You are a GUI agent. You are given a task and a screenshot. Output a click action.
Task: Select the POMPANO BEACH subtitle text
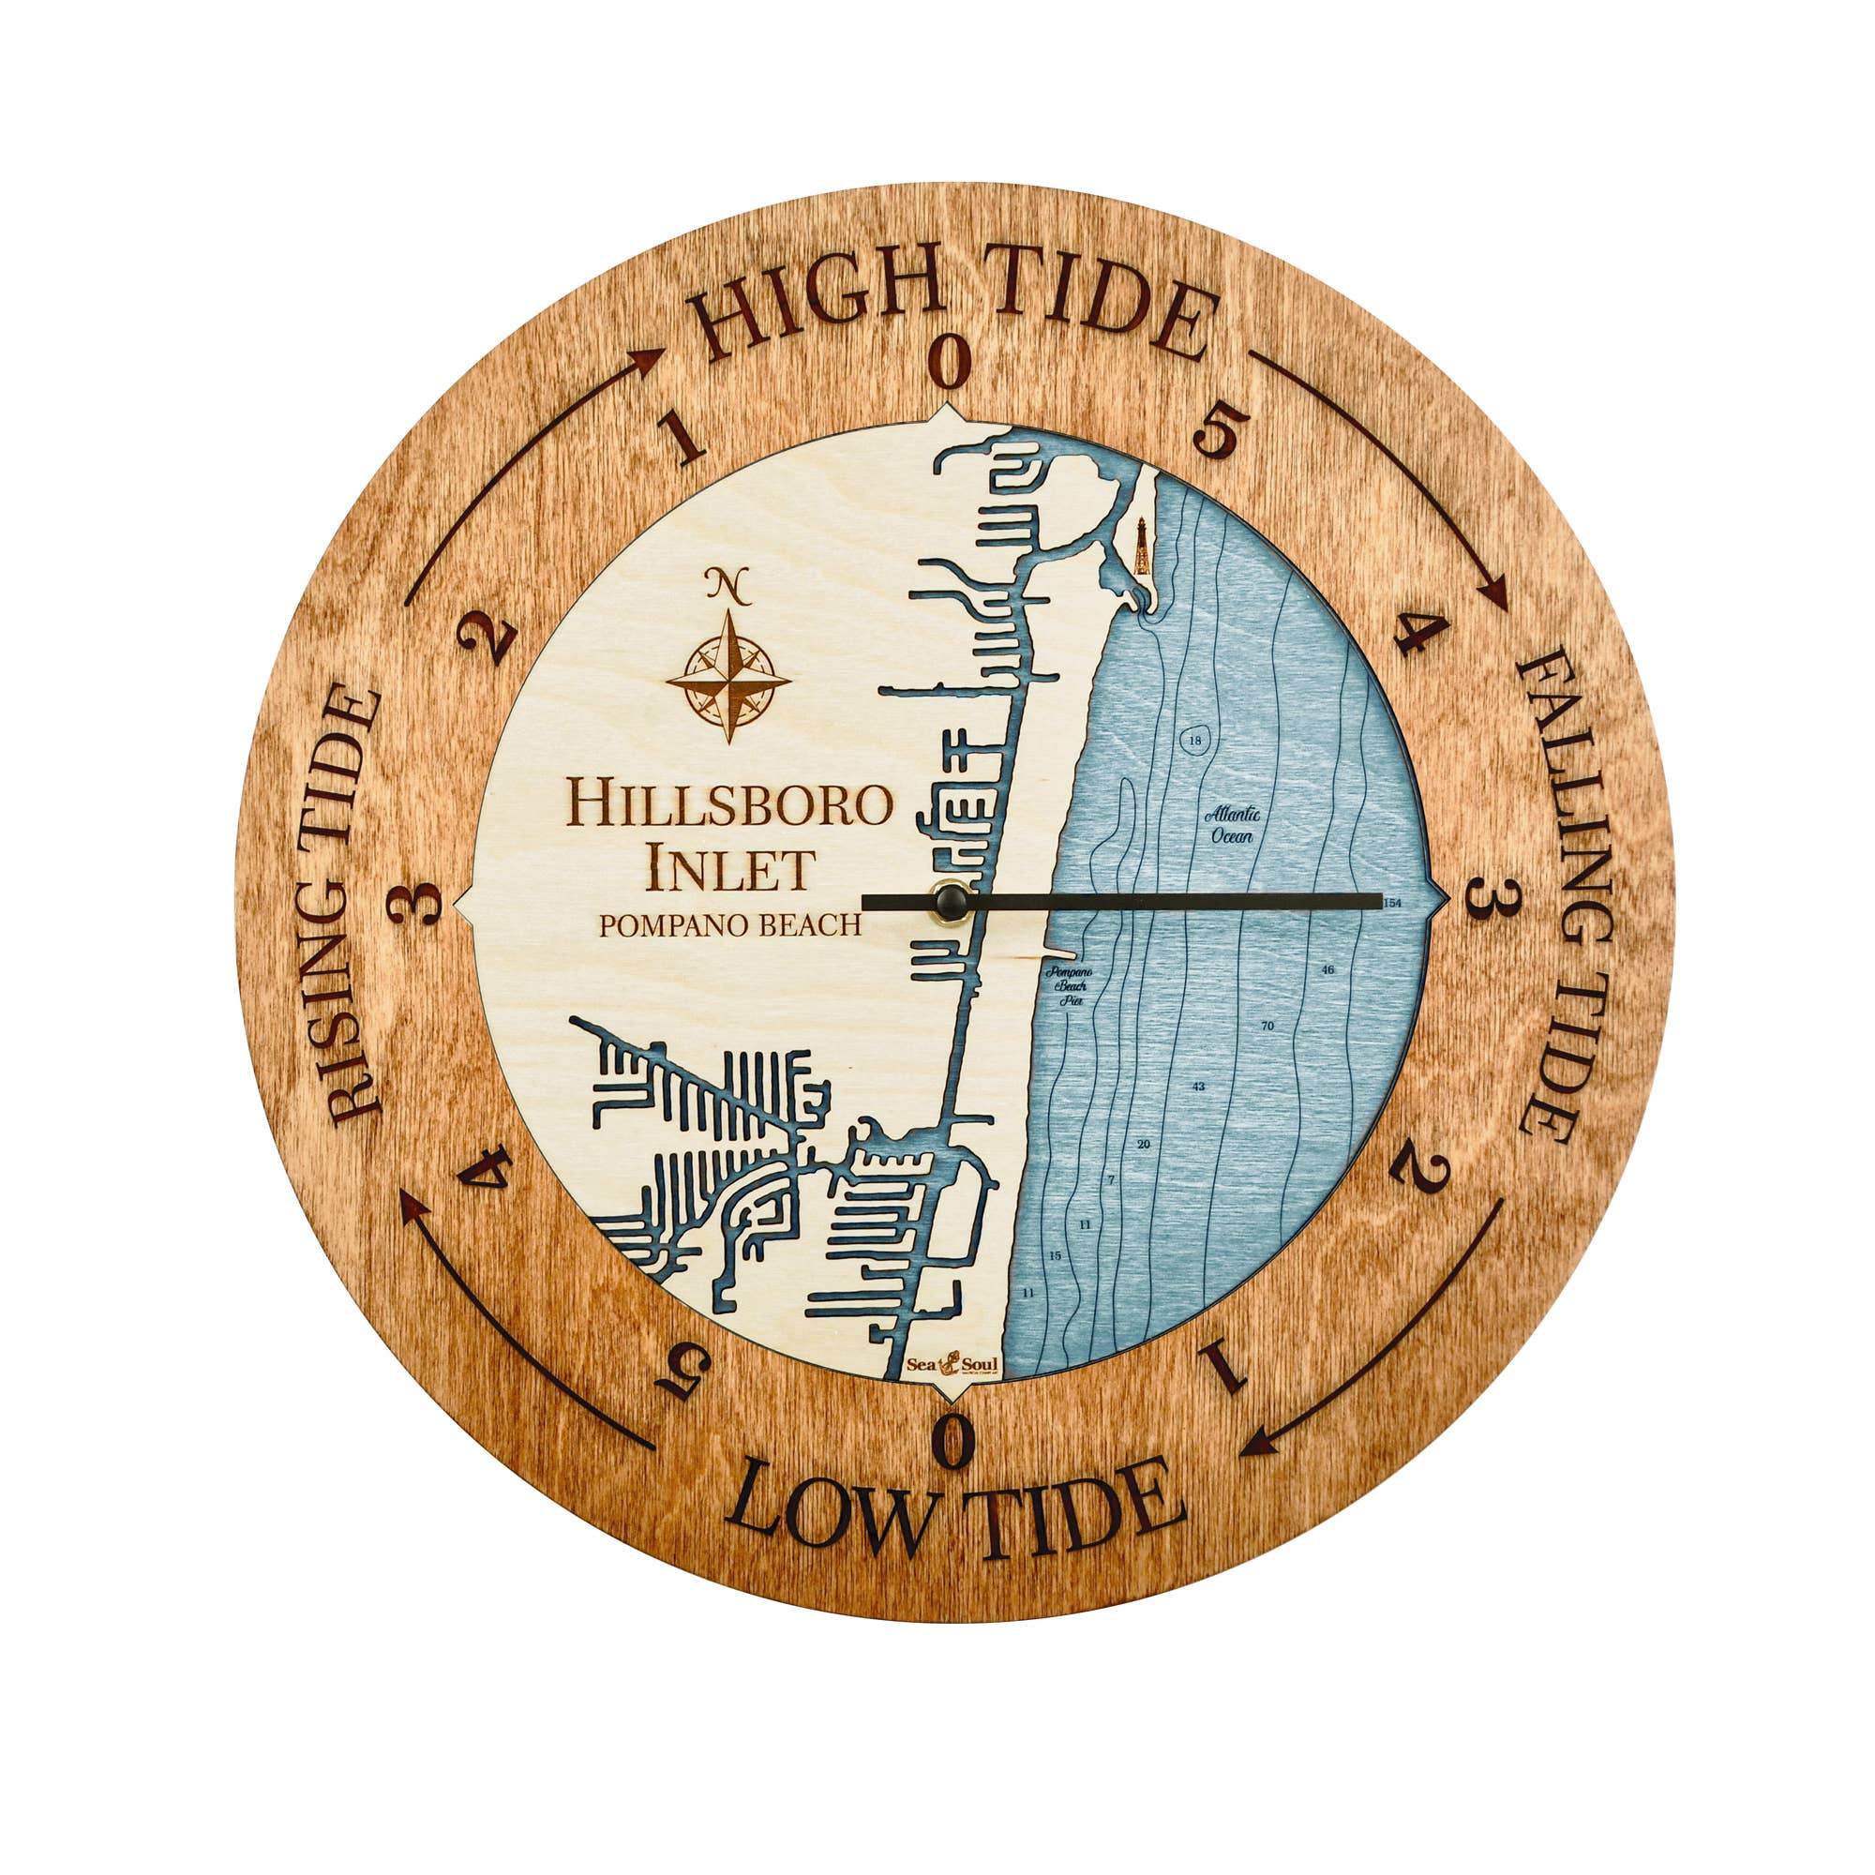point(729,925)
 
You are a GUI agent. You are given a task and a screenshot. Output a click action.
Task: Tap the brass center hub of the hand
point(950,902)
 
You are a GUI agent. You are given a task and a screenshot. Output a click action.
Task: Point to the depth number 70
point(1267,1026)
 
